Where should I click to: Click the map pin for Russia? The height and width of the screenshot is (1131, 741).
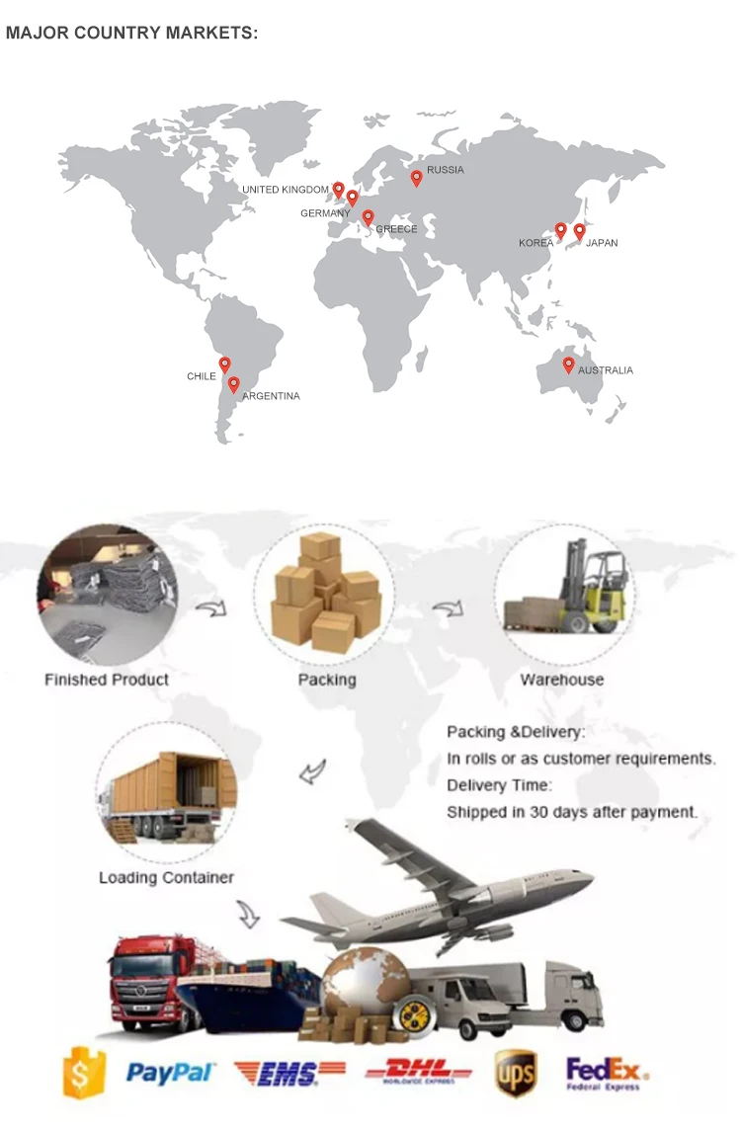coord(417,178)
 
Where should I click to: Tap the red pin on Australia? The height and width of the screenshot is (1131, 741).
coord(568,364)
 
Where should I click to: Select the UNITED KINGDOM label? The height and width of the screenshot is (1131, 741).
coord(286,190)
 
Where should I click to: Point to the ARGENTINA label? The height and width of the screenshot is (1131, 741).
coord(271,396)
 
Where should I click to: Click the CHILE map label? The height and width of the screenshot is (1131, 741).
coord(201,376)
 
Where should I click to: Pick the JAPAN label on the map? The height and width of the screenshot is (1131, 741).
coord(602,243)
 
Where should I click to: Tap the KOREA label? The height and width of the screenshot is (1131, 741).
coord(535,243)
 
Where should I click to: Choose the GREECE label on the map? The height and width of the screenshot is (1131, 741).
coord(396,229)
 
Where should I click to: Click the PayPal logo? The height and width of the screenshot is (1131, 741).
coord(171,1073)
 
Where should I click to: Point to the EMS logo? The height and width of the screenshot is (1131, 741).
coord(289,1073)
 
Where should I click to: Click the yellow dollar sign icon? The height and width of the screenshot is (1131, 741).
coord(84,1073)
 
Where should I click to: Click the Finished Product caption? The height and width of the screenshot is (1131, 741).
coord(107,680)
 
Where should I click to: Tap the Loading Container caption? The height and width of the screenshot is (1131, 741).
coord(166,877)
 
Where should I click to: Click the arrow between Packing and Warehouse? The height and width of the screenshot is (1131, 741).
coord(449,609)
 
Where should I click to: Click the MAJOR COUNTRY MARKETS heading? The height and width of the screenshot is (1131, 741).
coord(131,33)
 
